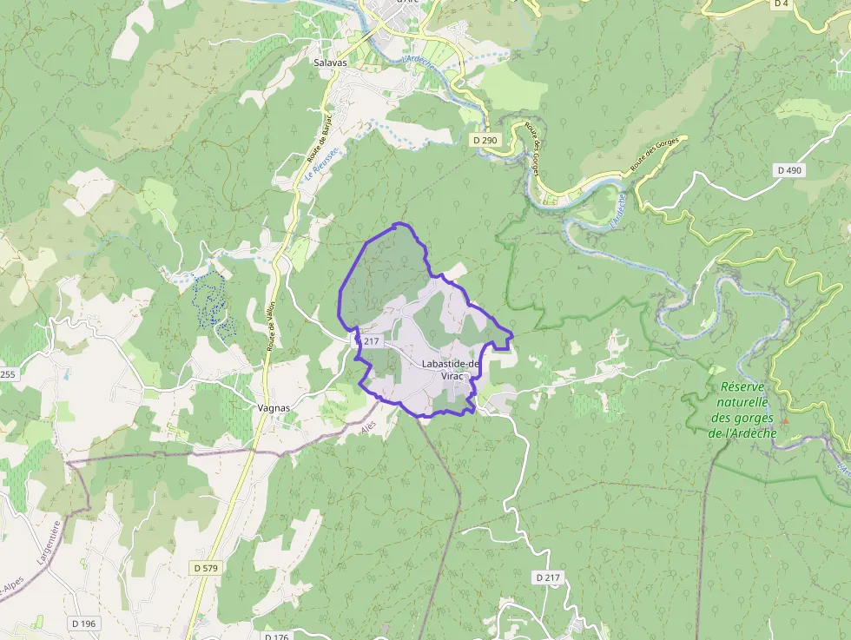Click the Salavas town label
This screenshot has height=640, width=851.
(x=330, y=63)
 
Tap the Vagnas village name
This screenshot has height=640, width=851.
(x=274, y=407)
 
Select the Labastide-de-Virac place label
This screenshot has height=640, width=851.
(x=451, y=369)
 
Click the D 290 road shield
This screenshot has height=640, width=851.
(x=486, y=140)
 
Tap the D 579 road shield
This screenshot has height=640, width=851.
(x=206, y=567)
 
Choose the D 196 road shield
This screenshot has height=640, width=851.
(x=84, y=623)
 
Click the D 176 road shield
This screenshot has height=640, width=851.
(x=275, y=637)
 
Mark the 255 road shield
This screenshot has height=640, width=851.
(x=8, y=374)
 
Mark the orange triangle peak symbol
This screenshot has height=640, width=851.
(x=785, y=420)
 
